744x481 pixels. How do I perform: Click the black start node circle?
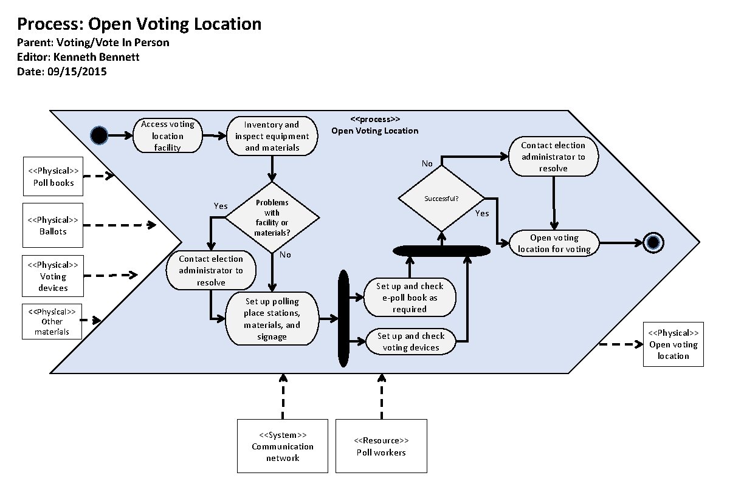click(x=99, y=135)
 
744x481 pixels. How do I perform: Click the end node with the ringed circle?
click(x=653, y=243)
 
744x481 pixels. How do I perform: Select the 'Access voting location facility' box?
click(x=168, y=135)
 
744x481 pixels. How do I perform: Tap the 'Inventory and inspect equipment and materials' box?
click(x=272, y=136)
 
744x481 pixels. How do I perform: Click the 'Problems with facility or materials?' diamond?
click(x=272, y=216)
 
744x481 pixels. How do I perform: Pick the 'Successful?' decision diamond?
click(x=442, y=198)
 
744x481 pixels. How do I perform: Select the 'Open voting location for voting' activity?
click(x=554, y=243)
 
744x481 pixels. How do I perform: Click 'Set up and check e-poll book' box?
click(x=409, y=298)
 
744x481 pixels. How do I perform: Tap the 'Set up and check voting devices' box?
click(x=411, y=342)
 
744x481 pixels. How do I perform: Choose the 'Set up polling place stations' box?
click(x=272, y=319)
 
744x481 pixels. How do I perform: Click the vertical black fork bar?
click(x=343, y=319)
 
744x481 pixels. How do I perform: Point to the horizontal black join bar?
click(x=441, y=250)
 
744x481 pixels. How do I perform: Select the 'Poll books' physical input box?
click(x=53, y=177)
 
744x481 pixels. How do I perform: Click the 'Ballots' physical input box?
click(x=53, y=225)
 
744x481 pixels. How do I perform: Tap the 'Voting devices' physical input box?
click(x=53, y=276)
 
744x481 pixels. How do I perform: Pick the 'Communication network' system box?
click(x=283, y=446)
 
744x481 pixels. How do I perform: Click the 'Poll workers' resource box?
click(x=381, y=446)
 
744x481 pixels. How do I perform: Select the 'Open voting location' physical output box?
click(x=673, y=344)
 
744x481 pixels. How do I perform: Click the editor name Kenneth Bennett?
click(x=103, y=57)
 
